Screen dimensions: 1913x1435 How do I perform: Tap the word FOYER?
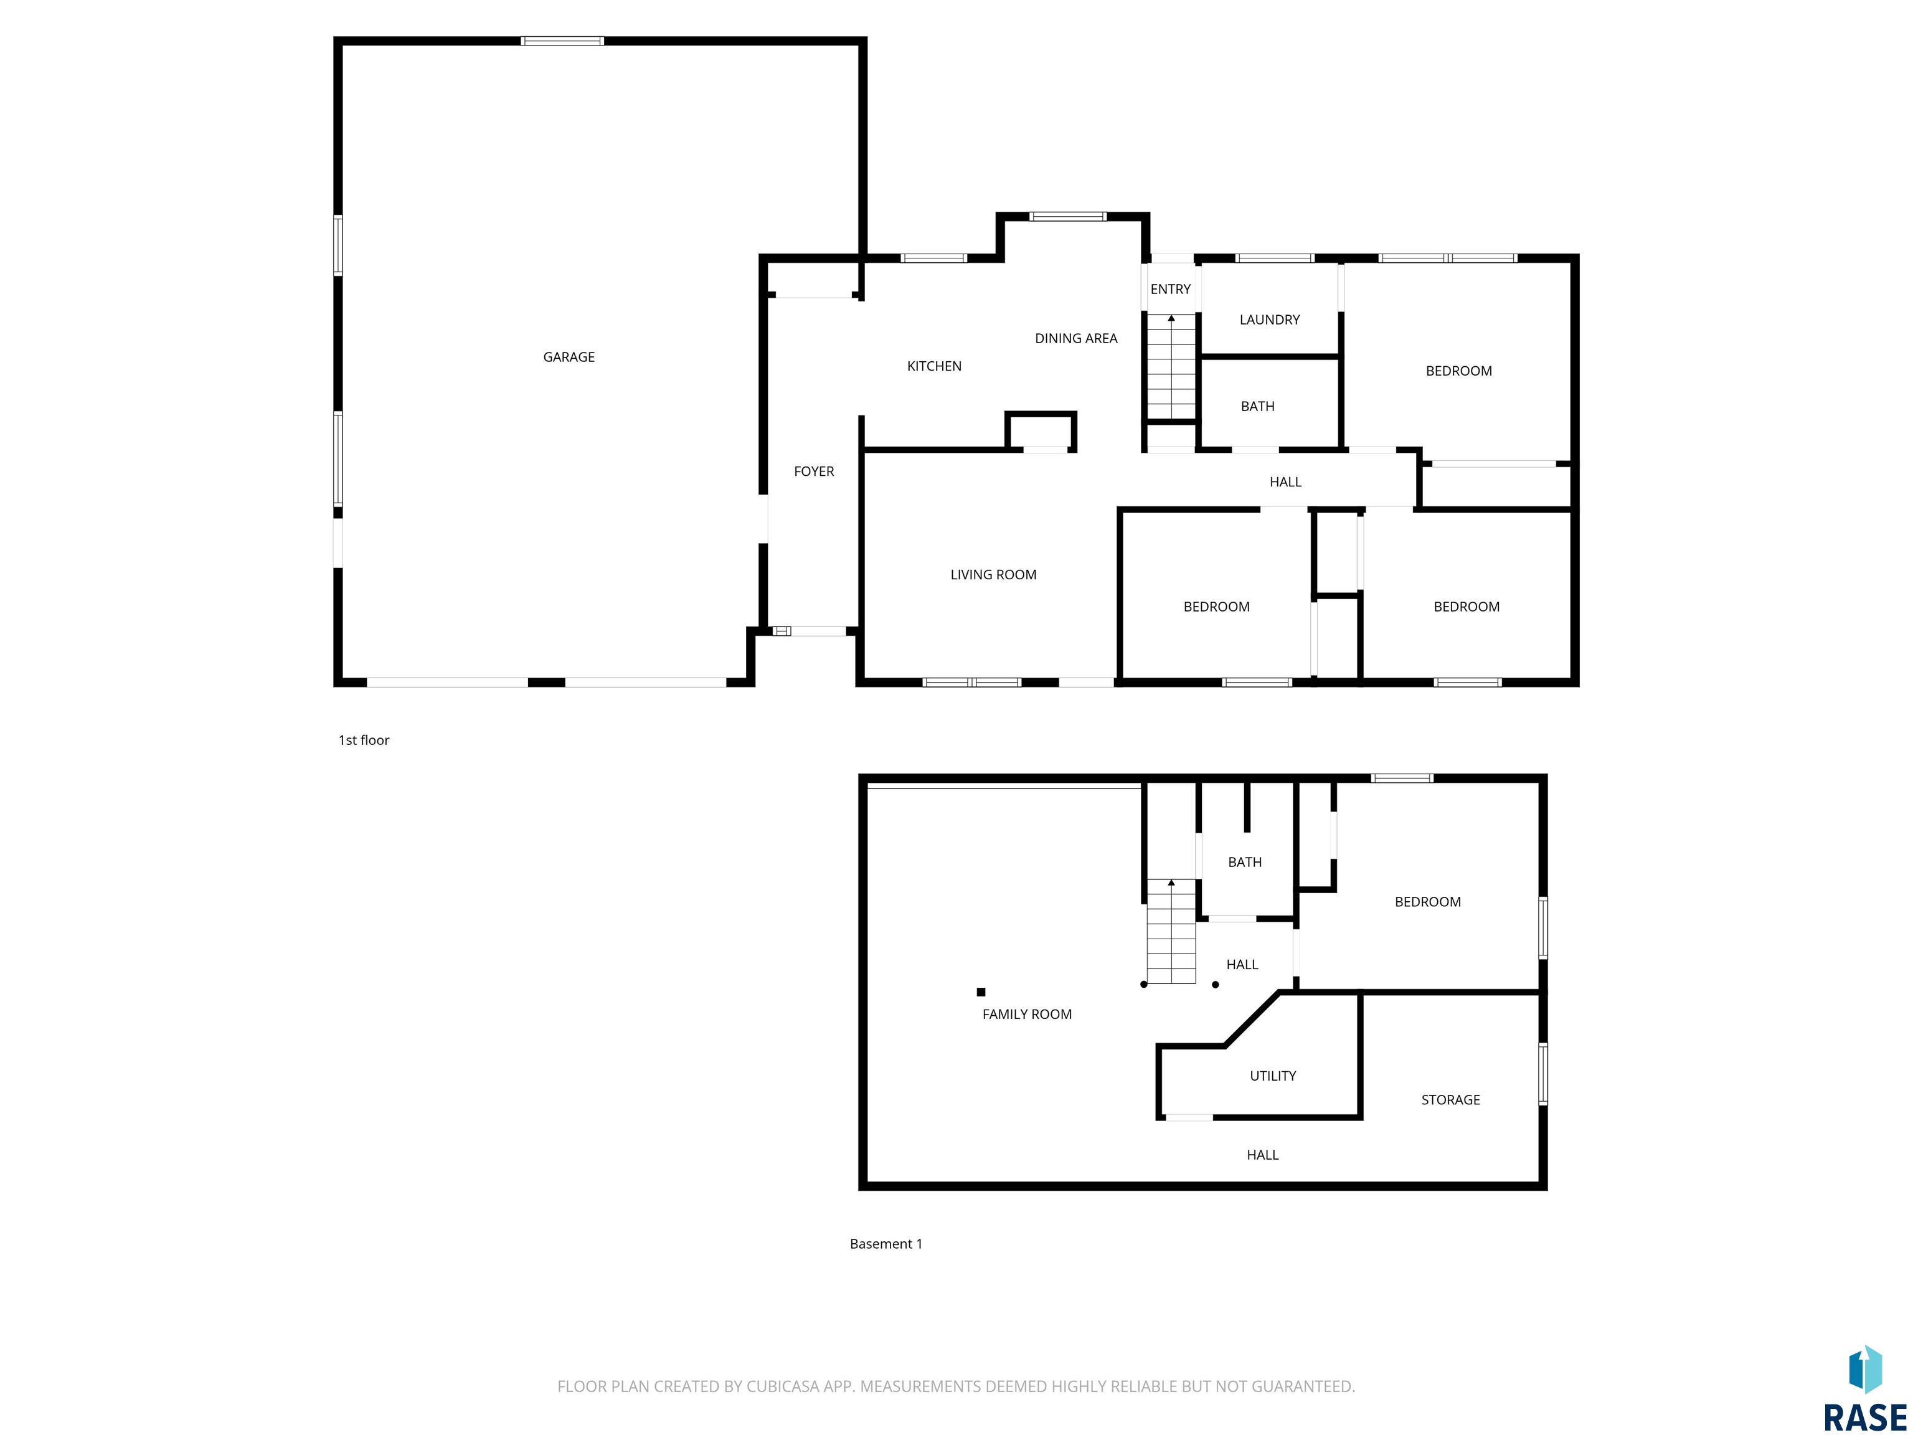click(x=814, y=471)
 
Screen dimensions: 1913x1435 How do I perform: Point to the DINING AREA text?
click(x=1076, y=339)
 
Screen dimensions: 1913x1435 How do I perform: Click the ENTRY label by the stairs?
click(x=1170, y=290)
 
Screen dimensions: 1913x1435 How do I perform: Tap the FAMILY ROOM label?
click(x=1026, y=1015)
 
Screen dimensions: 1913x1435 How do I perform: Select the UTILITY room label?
click(x=1272, y=1076)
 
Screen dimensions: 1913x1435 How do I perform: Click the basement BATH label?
click(x=1244, y=863)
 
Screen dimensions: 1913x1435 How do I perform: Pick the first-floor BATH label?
click(x=1257, y=407)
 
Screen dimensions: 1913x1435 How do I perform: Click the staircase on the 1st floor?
click(x=1171, y=367)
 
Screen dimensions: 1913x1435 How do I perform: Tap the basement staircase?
click(x=1171, y=932)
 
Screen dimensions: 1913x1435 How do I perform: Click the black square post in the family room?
click(x=981, y=992)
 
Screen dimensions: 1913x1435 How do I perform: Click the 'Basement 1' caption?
click(x=886, y=1244)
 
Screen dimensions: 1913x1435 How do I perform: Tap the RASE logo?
click(x=1864, y=1389)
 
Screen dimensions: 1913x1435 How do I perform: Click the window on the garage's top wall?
click(x=562, y=40)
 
